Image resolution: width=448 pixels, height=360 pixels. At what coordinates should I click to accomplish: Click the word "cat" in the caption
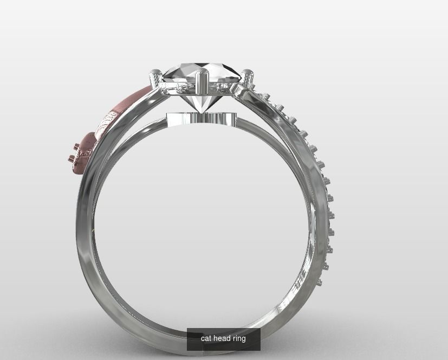click(x=206, y=338)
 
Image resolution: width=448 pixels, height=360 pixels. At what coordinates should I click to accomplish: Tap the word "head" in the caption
click(x=222, y=338)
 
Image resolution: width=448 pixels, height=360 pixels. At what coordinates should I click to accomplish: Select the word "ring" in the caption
click(x=239, y=338)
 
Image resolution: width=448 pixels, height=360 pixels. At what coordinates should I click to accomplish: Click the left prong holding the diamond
click(x=155, y=79)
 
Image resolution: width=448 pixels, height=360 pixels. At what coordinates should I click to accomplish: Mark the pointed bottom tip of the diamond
click(x=202, y=112)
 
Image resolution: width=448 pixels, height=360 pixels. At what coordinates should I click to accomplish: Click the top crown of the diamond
click(x=201, y=72)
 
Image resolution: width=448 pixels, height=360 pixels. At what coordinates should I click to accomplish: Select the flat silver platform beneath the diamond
click(x=202, y=119)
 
